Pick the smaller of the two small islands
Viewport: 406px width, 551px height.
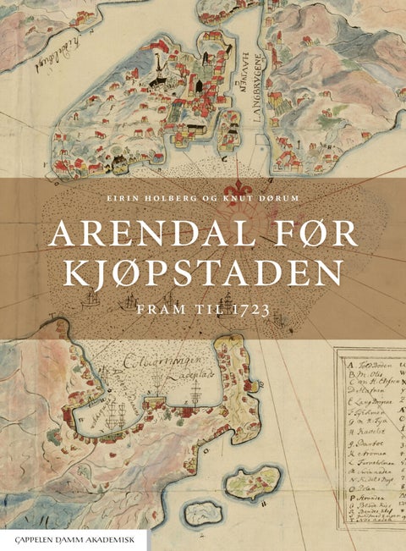coord(203,511)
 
